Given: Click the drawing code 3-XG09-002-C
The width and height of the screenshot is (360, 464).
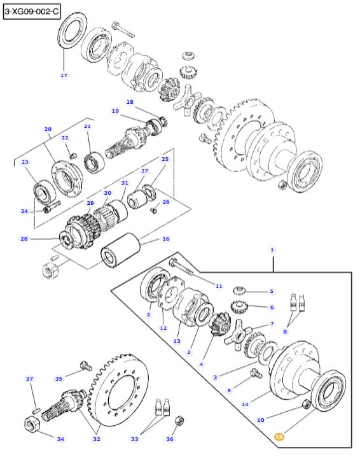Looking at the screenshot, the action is pyautogui.click(x=32, y=12).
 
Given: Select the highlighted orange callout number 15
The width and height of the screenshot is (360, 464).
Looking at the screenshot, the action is pyautogui.click(x=279, y=437).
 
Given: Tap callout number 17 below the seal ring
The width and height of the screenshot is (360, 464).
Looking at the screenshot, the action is pyautogui.click(x=64, y=75).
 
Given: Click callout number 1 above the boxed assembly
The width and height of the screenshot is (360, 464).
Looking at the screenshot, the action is pyautogui.click(x=272, y=250).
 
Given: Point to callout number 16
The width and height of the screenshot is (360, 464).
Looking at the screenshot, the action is pyautogui.click(x=166, y=239).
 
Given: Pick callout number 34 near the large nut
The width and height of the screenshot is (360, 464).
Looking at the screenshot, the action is pyautogui.click(x=60, y=439).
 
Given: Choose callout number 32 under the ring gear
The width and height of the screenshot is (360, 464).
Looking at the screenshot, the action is pyautogui.click(x=97, y=439).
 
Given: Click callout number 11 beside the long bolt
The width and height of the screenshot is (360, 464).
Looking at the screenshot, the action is pyautogui.click(x=219, y=286).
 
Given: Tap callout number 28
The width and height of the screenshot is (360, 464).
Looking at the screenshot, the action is pyautogui.click(x=24, y=238).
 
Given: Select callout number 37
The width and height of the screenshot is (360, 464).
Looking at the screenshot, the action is pyautogui.click(x=30, y=379).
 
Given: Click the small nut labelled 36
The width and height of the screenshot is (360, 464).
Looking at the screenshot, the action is pyautogui.click(x=179, y=421).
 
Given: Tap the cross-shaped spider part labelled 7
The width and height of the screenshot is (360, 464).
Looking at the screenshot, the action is pyautogui.click(x=237, y=335).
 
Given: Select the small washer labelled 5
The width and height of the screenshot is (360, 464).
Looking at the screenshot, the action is pyautogui.click(x=240, y=290).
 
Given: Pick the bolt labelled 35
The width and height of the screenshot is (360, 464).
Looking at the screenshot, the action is pyautogui.click(x=85, y=366).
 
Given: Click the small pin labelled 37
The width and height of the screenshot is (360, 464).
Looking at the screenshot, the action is pyautogui.click(x=36, y=411).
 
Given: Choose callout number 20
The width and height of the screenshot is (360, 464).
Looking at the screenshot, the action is pyautogui.click(x=48, y=129).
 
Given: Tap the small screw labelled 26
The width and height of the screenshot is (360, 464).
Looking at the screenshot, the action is pyautogui.click(x=153, y=210).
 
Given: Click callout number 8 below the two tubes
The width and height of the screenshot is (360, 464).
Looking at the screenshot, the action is pyautogui.click(x=285, y=332).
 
